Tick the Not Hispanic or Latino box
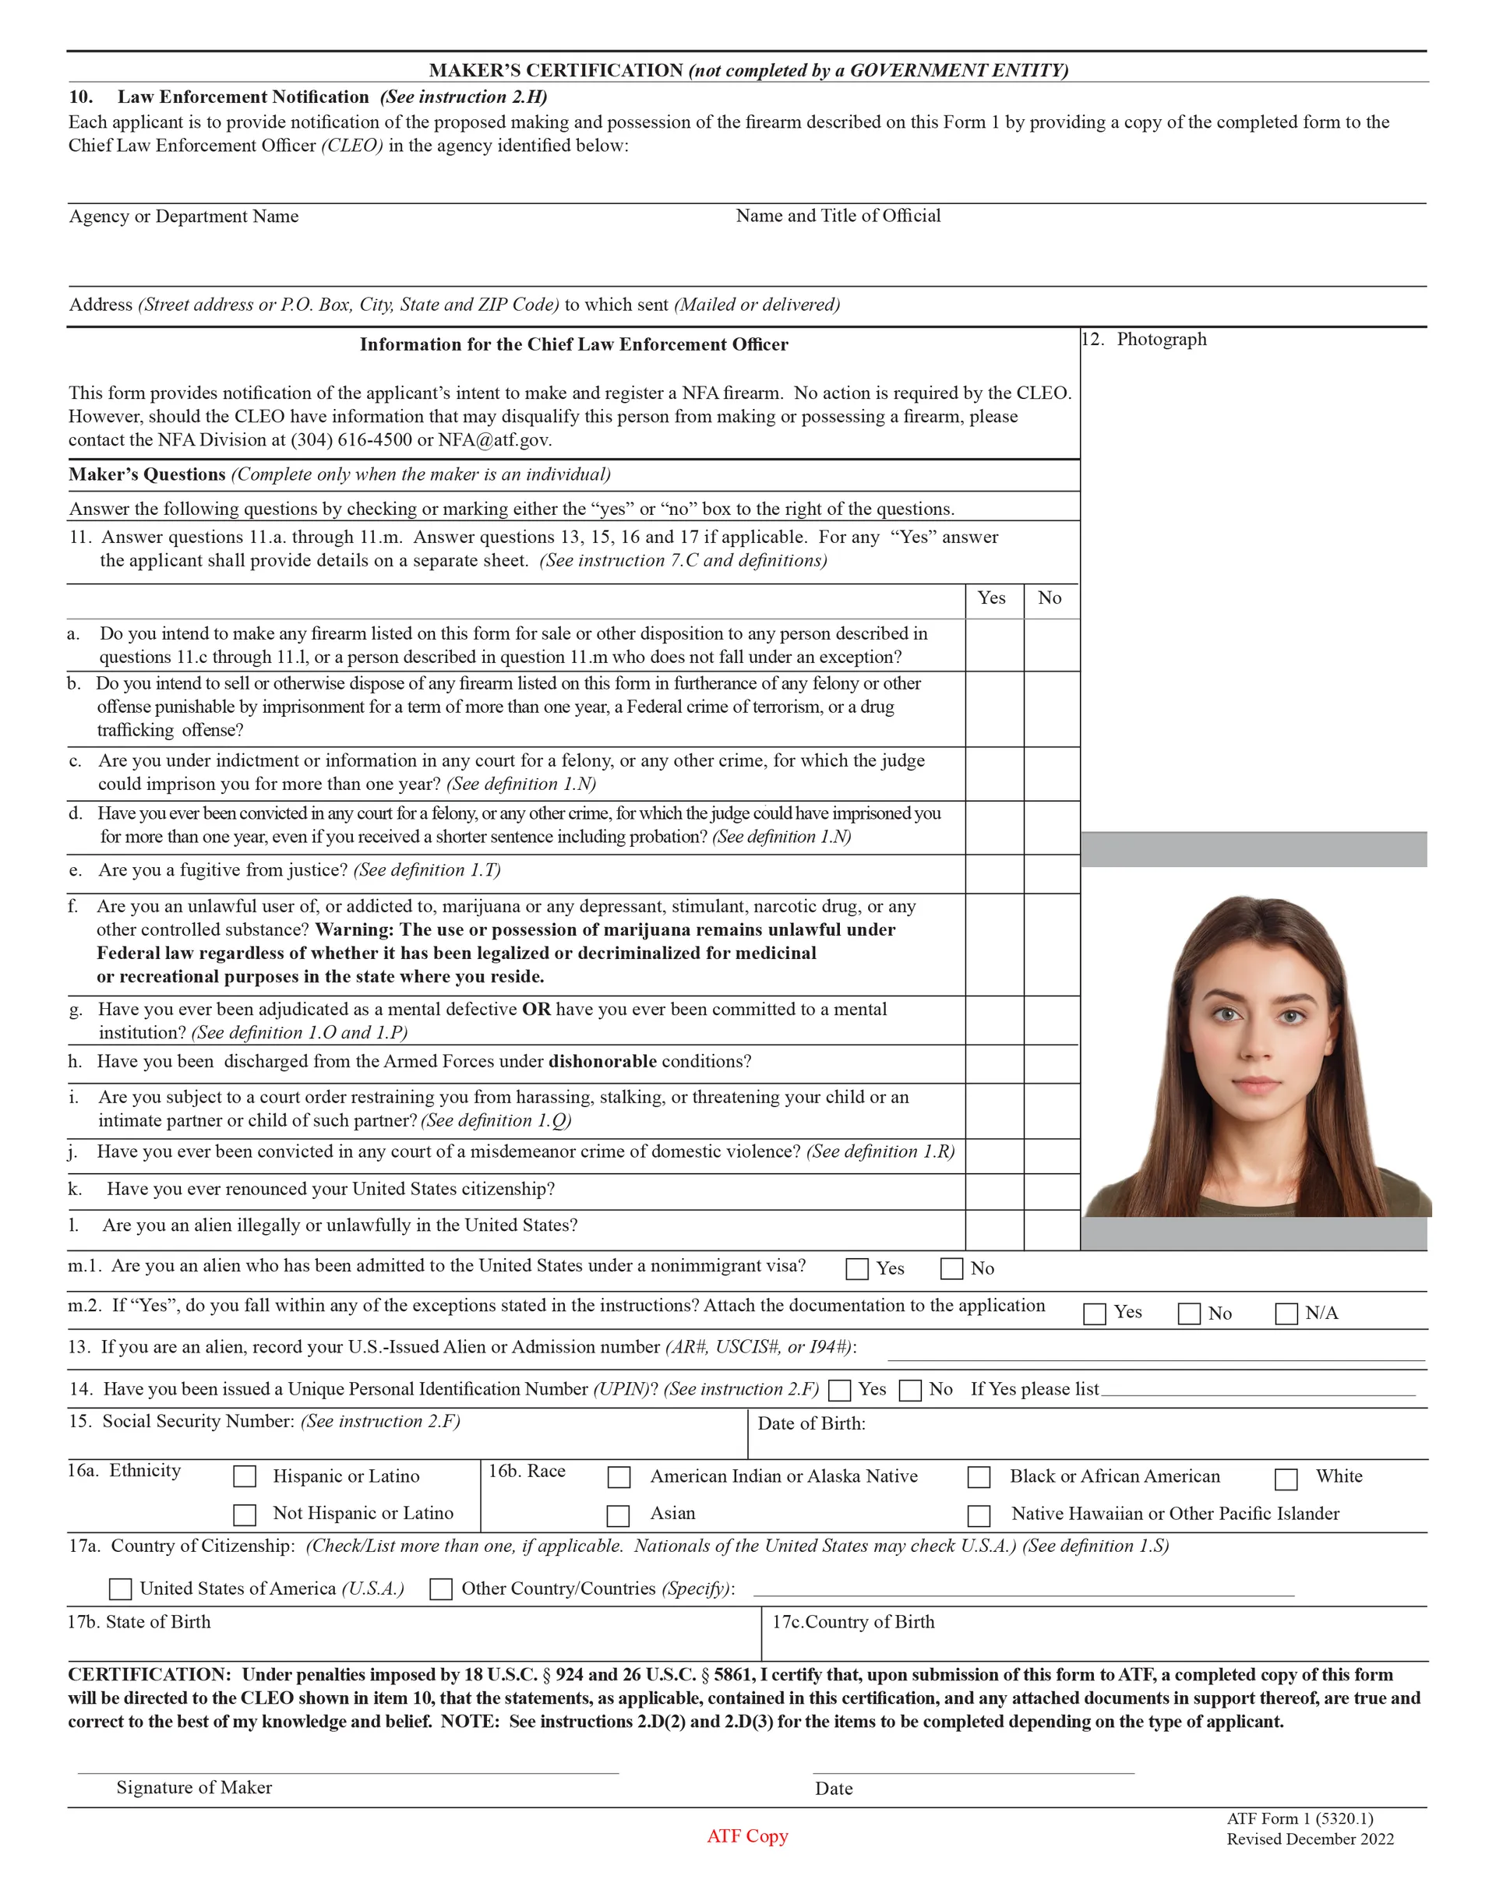pos(245,1514)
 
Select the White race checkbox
pos(1286,1479)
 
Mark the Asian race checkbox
pos(619,1515)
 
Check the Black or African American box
pos(979,1478)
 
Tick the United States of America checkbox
pos(120,1588)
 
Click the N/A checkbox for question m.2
pos(1286,1313)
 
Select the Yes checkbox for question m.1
pos(858,1269)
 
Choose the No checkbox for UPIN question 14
pos(911,1391)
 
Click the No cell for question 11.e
pos(1051,873)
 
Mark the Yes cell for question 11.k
pos(994,1191)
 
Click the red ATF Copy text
pos(747,1835)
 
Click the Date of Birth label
pos(811,1423)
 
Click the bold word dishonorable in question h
pos(602,1062)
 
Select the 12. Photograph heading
pos(1145,340)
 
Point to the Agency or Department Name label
pos(184,217)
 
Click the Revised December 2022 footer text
pos(1311,1839)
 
